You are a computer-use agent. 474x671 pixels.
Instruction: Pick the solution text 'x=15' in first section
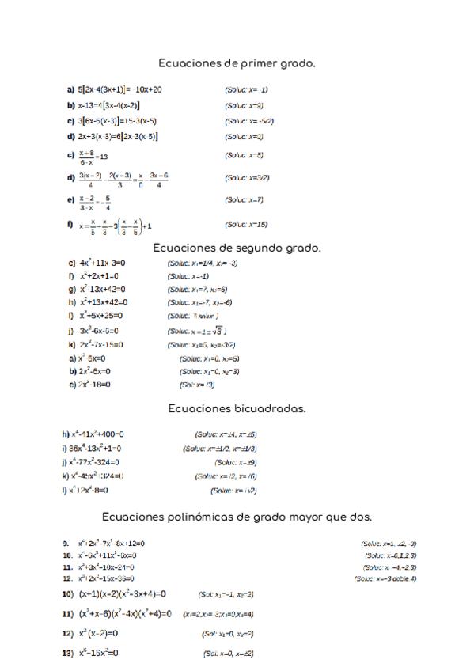click(246, 225)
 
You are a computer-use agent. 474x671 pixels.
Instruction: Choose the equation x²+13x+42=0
click(103, 302)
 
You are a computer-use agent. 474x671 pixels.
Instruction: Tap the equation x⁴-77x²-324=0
click(96, 461)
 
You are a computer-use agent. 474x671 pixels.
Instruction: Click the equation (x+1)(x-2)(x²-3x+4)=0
click(122, 593)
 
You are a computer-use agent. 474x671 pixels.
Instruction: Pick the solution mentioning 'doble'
click(385, 578)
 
